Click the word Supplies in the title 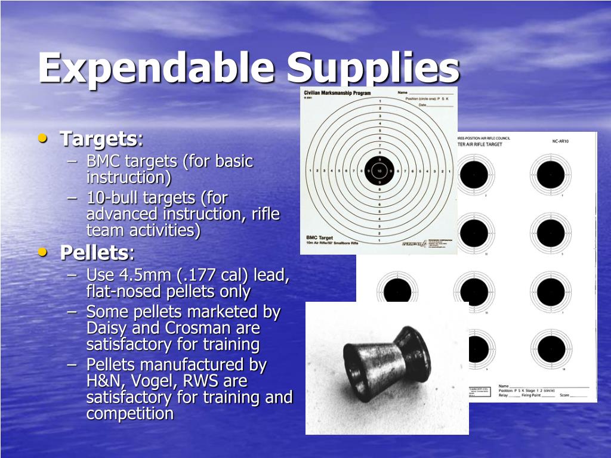tap(372, 67)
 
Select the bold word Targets tap(98, 139)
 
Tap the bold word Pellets tap(94, 253)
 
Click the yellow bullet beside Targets tap(43, 138)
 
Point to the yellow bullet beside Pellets tap(43, 252)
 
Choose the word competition tap(130, 413)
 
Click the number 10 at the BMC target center tap(379, 171)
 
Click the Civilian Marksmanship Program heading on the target tap(337, 94)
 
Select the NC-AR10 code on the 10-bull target tap(560, 142)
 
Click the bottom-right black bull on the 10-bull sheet tap(550, 349)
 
